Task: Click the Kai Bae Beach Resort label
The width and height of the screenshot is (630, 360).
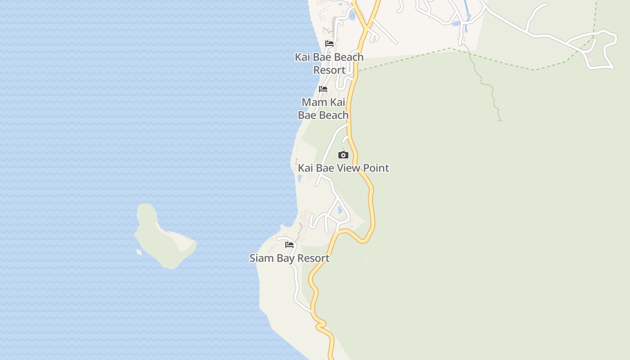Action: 329,63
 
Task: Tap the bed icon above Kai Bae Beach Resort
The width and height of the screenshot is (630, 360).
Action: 329,44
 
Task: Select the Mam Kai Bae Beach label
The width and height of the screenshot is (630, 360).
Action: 324,108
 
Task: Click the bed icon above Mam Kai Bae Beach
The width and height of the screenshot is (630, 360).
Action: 323,89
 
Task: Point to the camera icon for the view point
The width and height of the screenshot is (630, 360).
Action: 343,155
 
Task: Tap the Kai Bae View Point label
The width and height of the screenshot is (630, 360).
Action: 343,168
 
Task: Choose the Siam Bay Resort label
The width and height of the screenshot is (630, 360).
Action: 289,258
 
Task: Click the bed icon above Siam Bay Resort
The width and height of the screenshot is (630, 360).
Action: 289,245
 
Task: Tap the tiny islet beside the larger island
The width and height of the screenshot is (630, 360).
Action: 139,252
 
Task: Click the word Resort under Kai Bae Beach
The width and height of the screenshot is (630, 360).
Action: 329,70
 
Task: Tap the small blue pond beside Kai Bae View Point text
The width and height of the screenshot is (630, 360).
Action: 300,178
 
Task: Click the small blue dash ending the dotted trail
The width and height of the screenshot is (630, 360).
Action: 499,121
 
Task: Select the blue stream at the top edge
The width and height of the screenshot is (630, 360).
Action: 465,18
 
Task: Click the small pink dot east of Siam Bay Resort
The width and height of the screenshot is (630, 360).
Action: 365,261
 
